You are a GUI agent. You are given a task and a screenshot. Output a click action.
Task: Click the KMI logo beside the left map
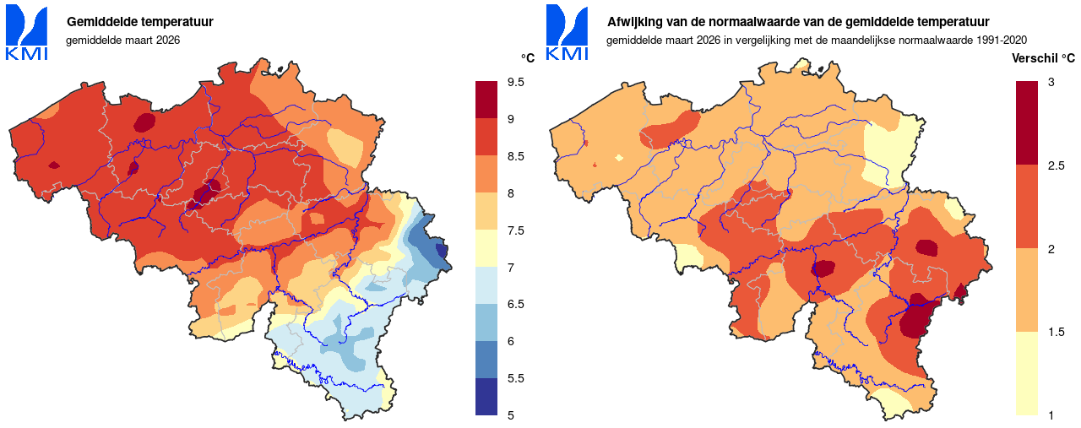27,33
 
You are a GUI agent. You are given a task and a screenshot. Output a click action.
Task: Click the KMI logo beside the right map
568,33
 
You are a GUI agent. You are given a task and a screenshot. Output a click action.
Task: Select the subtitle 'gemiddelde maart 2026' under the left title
123,40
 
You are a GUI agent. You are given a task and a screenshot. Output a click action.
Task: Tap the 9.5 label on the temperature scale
516,82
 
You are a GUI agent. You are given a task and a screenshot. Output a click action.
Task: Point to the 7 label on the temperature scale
511,267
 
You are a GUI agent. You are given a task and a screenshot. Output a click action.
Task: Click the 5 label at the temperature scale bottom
511,414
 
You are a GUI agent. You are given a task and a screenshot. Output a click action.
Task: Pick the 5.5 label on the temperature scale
516,378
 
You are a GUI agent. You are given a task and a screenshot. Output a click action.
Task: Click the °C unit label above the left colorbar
527,57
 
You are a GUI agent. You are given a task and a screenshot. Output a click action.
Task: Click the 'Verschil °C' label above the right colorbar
1043,58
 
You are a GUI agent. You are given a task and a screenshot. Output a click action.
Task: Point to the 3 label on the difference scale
1051,82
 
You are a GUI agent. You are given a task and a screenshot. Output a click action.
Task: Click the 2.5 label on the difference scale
1056,165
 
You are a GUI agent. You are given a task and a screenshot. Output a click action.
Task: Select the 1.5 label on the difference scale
1056,332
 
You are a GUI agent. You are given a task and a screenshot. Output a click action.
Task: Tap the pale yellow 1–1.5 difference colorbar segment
1026,373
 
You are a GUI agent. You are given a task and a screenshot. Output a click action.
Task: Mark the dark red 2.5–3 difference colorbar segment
1026,123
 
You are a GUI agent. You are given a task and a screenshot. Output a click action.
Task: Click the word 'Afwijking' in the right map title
635,21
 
